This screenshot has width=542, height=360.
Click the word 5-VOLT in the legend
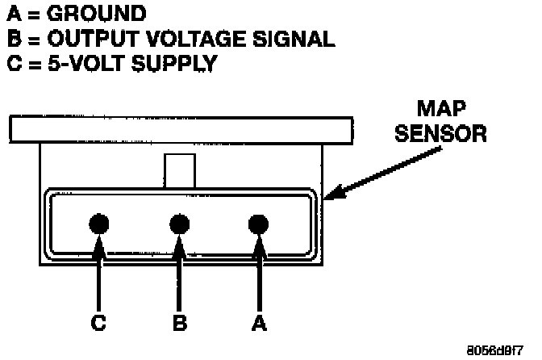point(85,64)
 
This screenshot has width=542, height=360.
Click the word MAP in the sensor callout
point(441,109)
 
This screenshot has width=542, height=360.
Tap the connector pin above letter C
point(99,223)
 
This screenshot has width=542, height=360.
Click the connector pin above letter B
point(178,223)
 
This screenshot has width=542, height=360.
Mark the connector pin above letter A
point(258,223)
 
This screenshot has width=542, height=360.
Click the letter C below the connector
point(98,323)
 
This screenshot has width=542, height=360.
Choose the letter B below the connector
point(179,323)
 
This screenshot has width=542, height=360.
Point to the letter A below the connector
point(258,323)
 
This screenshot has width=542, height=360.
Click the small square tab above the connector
point(179,171)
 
